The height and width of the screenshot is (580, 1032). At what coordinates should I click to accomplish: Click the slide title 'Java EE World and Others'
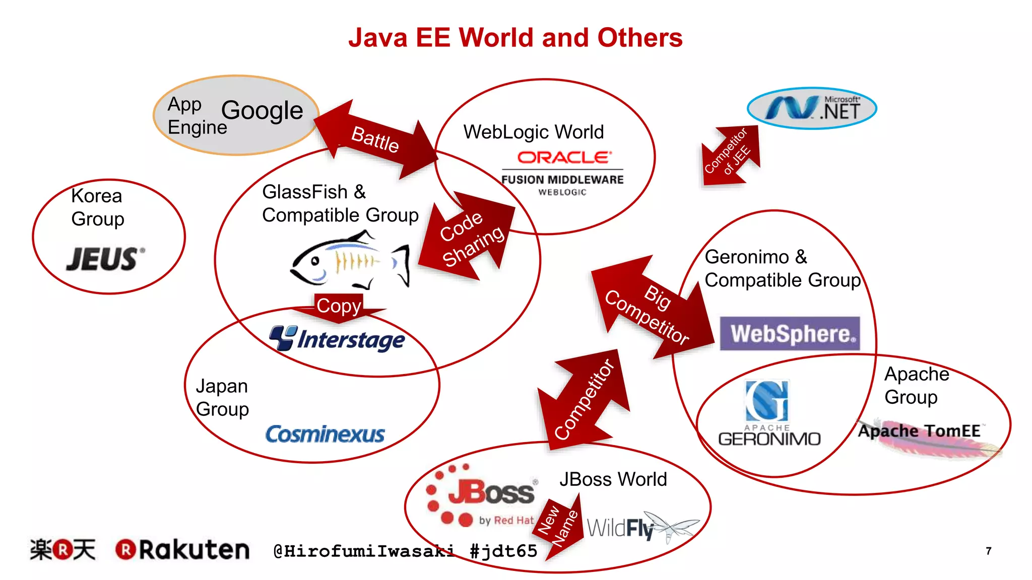point(515,38)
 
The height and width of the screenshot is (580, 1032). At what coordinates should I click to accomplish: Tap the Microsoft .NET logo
point(812,108)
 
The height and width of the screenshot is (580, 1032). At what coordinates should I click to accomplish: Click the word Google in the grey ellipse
point(262,110)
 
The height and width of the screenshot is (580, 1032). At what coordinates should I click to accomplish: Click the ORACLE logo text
point(564,158)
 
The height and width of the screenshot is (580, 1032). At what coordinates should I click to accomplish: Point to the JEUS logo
point(105,259)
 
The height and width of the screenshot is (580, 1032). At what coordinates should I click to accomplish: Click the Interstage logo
point(337,339)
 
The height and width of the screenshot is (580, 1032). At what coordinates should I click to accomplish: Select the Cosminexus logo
point(325,434)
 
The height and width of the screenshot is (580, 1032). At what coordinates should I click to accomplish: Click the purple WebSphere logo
point(790,333)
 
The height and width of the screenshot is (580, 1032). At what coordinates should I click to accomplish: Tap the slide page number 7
point(989,551)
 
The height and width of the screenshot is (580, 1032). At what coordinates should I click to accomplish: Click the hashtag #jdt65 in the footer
point(503,551)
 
